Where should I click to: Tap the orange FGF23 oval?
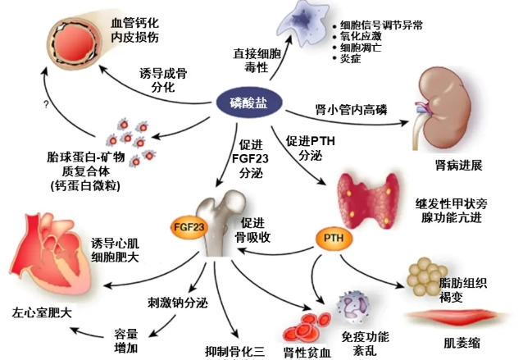(188, 226)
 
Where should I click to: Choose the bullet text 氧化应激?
(362, 37)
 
